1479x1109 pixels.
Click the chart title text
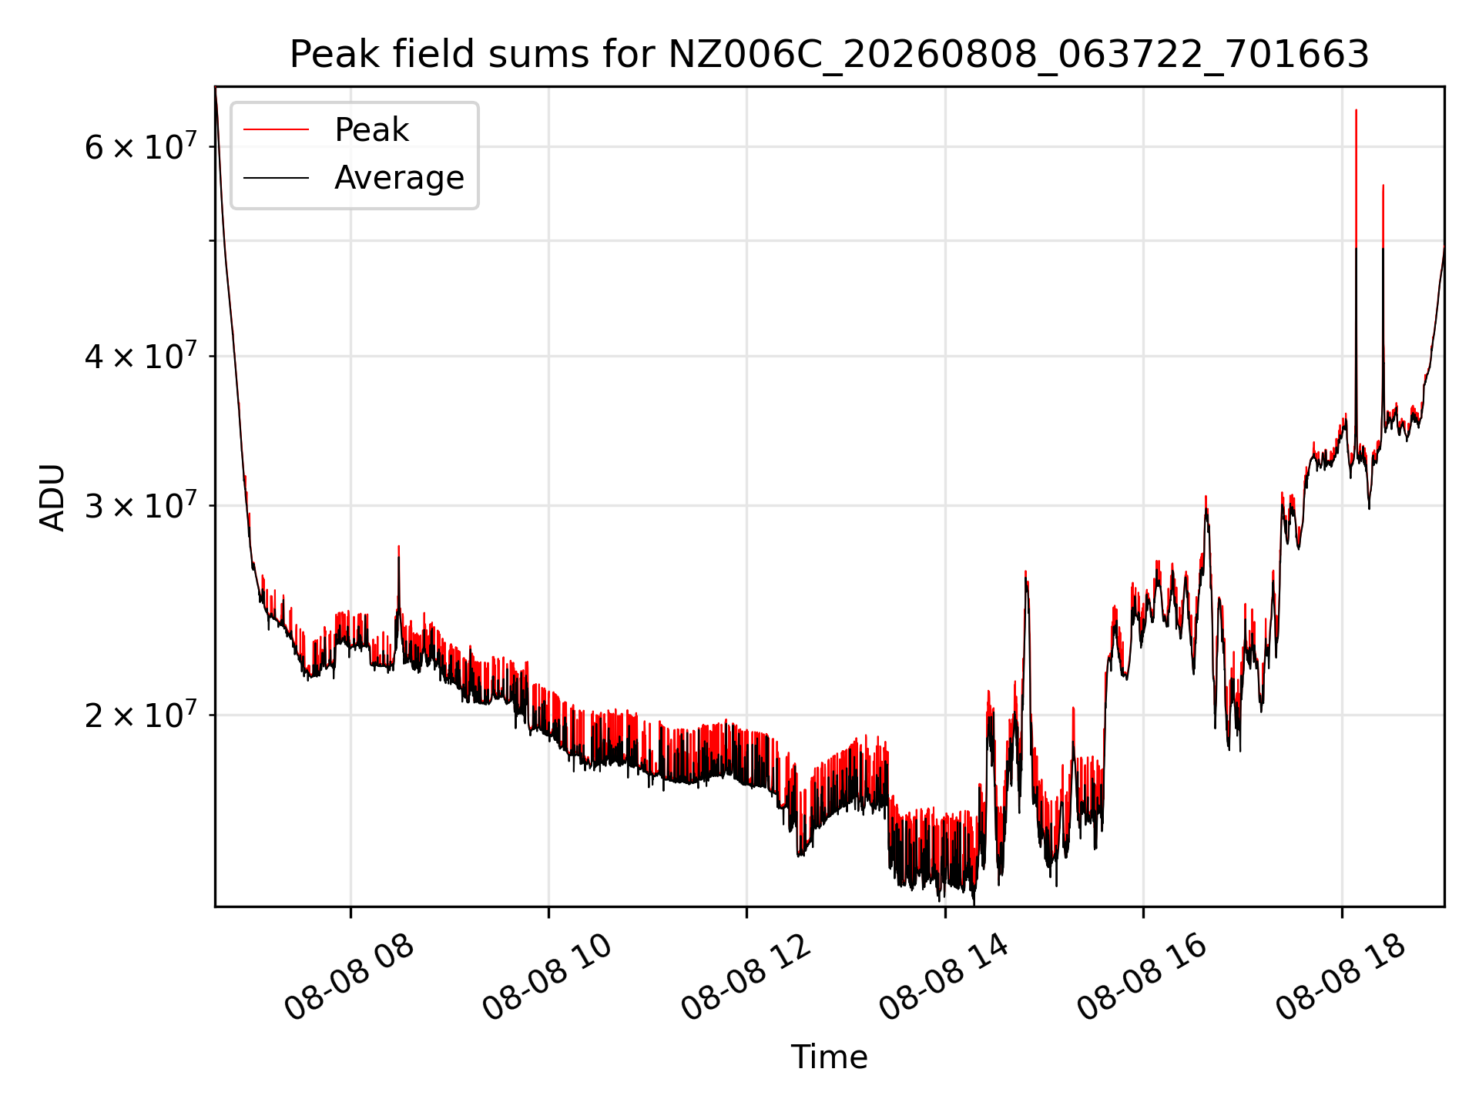pos(829,55)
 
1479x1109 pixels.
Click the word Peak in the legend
pos(371,130)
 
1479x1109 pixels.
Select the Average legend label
pos(399,178)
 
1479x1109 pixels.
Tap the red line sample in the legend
pos(276,130)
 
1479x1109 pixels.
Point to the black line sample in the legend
pos(276,178)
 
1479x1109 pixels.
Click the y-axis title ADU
pos(52,497)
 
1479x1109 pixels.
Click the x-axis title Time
pos(829,1057)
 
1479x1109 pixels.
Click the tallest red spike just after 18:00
pos(1356,110)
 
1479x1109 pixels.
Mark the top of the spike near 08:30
pos(398,546)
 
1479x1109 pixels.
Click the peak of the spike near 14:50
pos(1025,571)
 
